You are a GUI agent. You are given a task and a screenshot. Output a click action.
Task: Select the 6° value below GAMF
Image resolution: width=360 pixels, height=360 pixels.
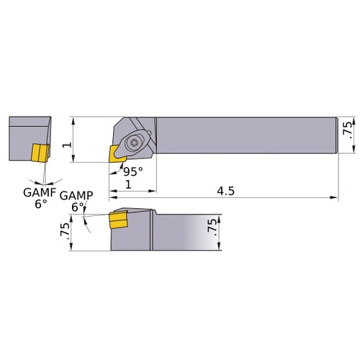(40, 204)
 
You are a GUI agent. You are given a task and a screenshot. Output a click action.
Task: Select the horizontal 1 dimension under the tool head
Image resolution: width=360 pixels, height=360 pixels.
(128, 185)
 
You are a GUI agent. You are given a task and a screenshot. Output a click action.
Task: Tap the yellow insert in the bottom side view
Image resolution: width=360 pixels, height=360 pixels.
(117, 221)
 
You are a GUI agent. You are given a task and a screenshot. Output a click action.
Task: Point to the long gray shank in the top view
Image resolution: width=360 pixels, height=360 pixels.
(245, 135)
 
